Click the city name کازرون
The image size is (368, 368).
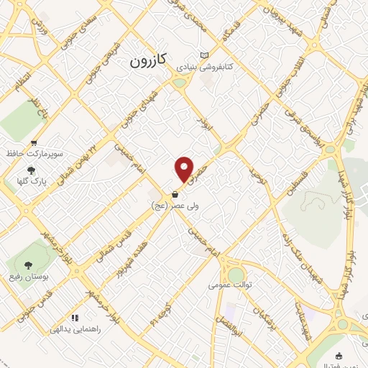[x=147, y=62]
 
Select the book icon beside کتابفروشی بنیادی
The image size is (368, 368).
[x=204, y=55]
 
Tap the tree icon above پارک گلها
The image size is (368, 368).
[x=31, y=170]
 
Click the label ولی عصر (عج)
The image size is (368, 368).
[x=170, y=206]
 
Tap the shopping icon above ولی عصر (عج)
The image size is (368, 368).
[x=175, y=194]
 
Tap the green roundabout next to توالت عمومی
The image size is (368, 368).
[x=236, y=275]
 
